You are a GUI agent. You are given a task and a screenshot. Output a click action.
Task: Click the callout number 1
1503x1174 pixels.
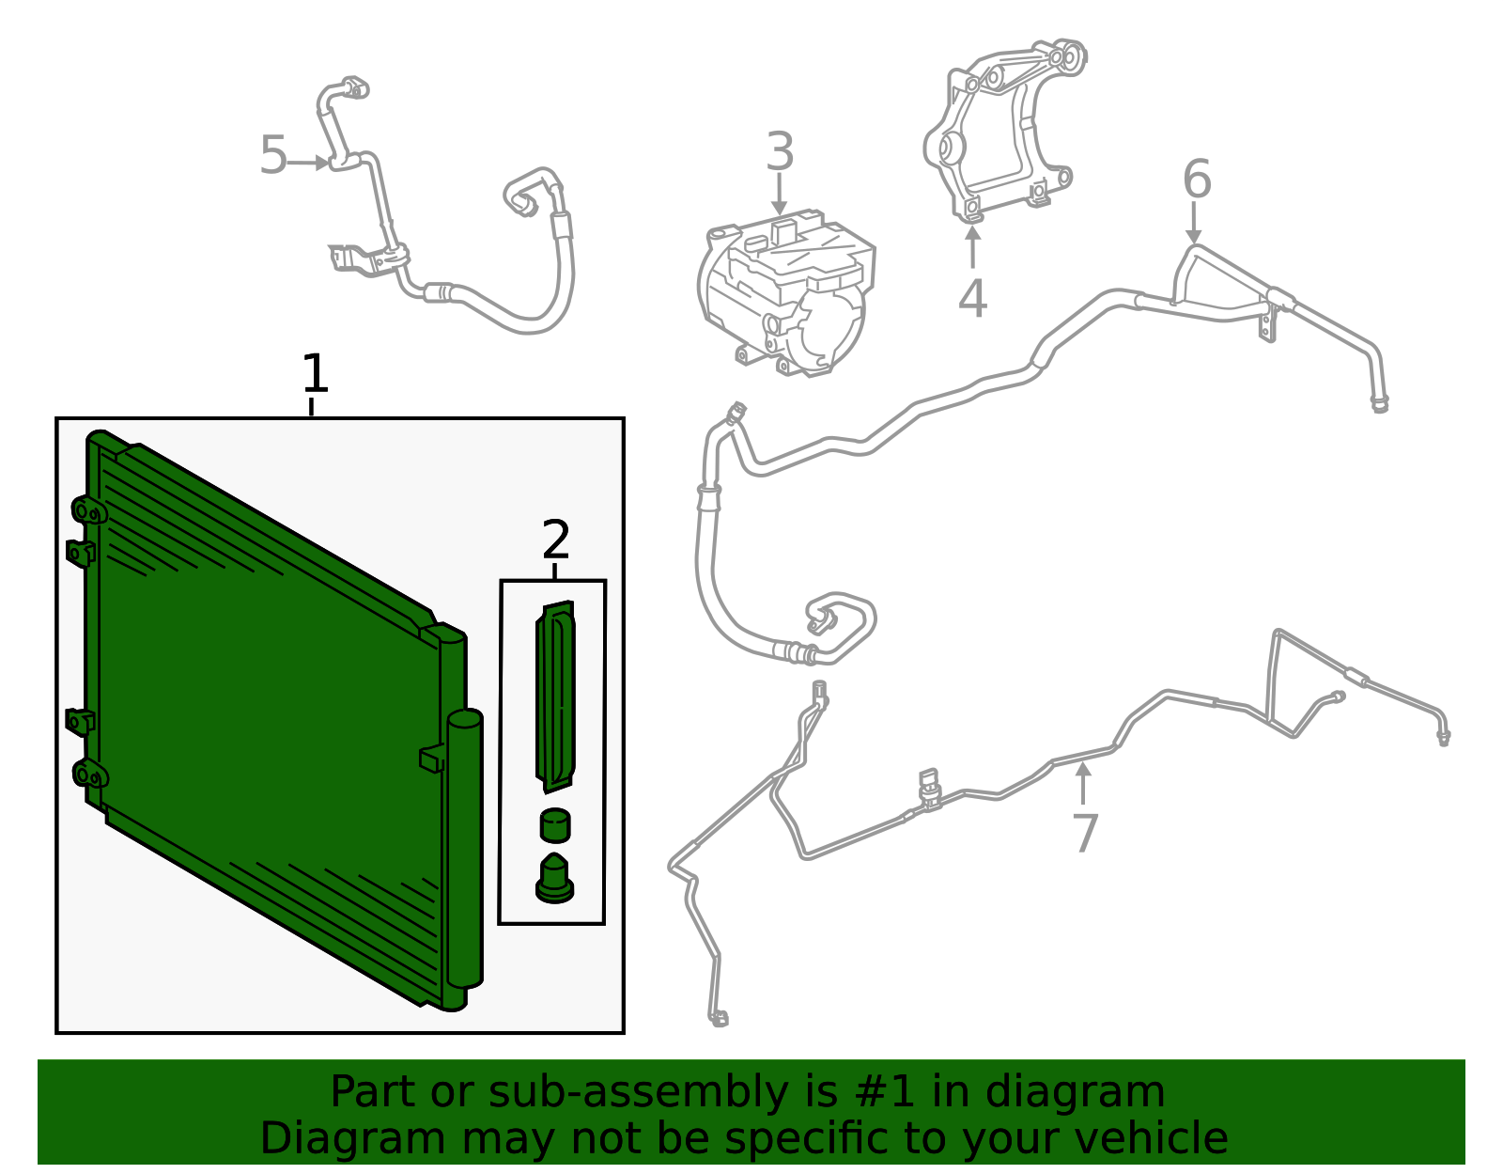(316, 373)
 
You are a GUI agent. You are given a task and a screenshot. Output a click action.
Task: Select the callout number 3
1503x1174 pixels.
(780, 150)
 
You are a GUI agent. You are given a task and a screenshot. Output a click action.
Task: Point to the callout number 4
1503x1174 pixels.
(972, 298)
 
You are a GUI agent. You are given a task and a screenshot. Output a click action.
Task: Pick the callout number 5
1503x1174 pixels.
(273, 155)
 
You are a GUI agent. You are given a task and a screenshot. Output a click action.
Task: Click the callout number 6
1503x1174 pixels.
(1198, 179)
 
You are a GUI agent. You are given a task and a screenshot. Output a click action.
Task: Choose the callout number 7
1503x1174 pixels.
(1085, 834)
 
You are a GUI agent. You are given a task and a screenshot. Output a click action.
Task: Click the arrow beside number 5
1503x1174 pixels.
(308, 164)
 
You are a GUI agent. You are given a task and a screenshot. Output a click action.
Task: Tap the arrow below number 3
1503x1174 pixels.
(780, 195)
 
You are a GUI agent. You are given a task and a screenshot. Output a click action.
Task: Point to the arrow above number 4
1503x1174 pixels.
(972, 247)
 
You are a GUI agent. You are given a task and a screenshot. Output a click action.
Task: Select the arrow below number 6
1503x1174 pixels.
(1194, 223)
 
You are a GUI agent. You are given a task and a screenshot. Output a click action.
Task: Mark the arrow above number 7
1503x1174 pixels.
(1083, 783)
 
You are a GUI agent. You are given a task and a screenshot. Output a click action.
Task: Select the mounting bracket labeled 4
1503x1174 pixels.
(1003, 132)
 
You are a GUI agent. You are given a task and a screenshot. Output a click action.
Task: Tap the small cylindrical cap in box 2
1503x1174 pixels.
(555, 825)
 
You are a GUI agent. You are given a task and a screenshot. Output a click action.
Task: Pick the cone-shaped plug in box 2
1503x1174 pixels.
(555, 879)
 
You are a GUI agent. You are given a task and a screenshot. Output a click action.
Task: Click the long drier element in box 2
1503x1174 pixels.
(555, 697)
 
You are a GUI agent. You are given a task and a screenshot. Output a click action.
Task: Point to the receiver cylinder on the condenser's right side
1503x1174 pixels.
(465, 850)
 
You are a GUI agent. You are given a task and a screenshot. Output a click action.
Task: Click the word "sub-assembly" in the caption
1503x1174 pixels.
(638, 1092)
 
